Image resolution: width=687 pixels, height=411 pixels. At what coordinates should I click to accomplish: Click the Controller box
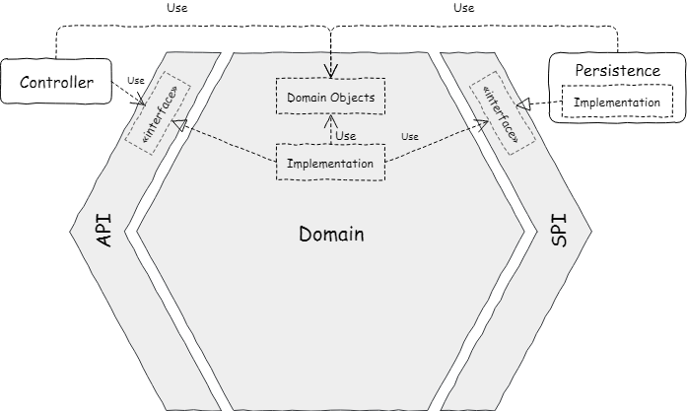pyautogui.click(x=56, y=82)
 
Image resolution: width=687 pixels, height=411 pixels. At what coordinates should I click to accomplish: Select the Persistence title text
pyautogui.click(x=617, y=71)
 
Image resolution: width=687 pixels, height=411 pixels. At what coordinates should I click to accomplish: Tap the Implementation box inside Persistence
pyautogui.click(x=617, y=102)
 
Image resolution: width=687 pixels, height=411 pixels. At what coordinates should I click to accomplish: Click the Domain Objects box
pyautogui.click(x=331, y=97)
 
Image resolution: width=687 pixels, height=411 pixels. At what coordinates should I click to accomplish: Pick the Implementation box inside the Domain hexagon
pyautogui.click(x=331, y=162)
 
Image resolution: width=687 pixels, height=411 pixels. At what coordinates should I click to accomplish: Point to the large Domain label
pyautogui.click(x=331, y=234)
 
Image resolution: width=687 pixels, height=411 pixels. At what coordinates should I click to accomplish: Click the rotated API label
pyautogui.click(x=104, y=231)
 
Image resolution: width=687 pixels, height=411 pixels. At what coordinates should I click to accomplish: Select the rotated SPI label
pyautogui.click(x=559, y=231)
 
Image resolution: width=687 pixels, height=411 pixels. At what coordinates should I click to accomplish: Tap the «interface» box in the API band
pyautogui.click(x=158, y=113)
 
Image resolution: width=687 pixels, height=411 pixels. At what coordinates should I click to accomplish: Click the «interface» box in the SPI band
pyautogui.click(x=503, y=113)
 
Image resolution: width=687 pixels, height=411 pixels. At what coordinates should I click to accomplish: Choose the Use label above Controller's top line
pyautogui.click(x=177, y=8)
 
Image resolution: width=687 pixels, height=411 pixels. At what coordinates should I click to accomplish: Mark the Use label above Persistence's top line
pyautogui.click(x=463, y=8)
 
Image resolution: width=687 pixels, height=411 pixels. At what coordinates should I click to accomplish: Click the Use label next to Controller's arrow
pyautogui.click(x=136, y=81)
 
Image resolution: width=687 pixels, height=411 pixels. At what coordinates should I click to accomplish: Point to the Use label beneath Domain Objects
pyautogui.click(x=346, y=136)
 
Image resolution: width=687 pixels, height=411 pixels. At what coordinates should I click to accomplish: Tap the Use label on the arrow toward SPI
pyautogui.click(x=410, y=137)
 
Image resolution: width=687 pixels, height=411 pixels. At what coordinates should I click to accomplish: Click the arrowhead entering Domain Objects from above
pyautogui.click(x=331, y=71)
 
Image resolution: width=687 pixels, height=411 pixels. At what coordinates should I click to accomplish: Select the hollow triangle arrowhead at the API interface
pyautogui.click(x=179, y=124)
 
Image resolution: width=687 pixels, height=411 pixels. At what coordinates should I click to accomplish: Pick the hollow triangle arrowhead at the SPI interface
pyautogui.click(x=523, y=104)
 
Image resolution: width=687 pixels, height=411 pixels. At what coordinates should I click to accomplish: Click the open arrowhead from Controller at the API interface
pyautogui.click(x=141, y=100)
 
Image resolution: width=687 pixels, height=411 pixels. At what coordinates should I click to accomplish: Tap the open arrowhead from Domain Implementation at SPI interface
pyautogui.click(x=482, y=124)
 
